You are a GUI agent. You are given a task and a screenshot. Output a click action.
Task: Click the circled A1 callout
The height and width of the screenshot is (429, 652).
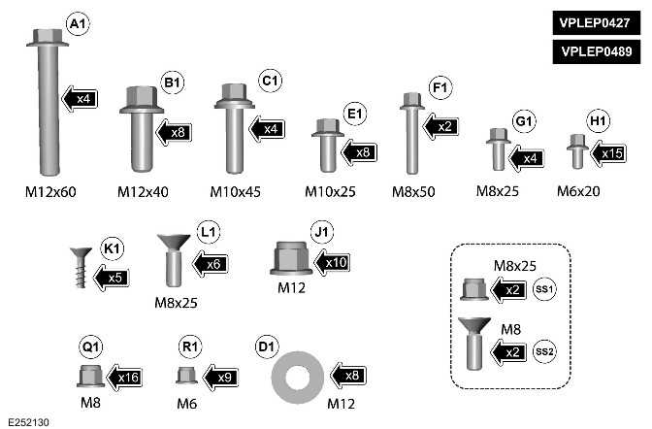point(75,22)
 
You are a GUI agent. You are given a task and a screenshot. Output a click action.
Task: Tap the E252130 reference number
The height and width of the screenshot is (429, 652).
point(28,421)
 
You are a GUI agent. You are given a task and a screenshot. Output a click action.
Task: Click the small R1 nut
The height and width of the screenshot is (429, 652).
point(185,376)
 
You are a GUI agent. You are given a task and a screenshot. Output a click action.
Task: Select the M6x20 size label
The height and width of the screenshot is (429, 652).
point(578,191)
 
